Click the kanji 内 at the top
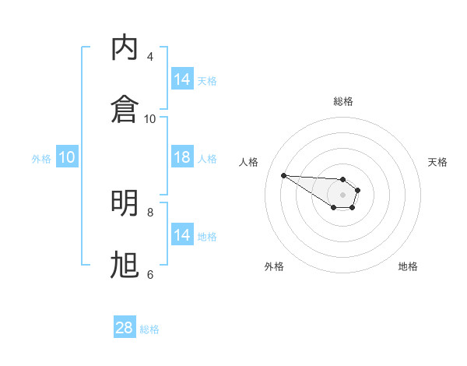(x=125, y=48)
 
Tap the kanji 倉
(x=125, y=108)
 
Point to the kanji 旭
(x=125, y=265)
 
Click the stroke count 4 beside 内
(x=150, y=57)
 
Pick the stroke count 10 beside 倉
(x=150, y=118)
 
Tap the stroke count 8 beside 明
(x=150, y=212)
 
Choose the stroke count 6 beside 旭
(x=150, y=274)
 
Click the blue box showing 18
(x=182, y=157)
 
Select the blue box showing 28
(x=125, y=328)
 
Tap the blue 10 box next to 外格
(x=67, y=157)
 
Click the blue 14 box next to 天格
(x=182, y=79)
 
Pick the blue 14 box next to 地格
(x=182, y=235)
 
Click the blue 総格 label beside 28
(x=149, y=329)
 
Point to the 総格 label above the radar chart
(x=343, y=101)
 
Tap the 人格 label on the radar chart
(x=248, y=162)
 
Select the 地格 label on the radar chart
(x=408, y=266)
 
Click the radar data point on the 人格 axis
(x=283, y=175)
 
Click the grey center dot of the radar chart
(x=343, y=195)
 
